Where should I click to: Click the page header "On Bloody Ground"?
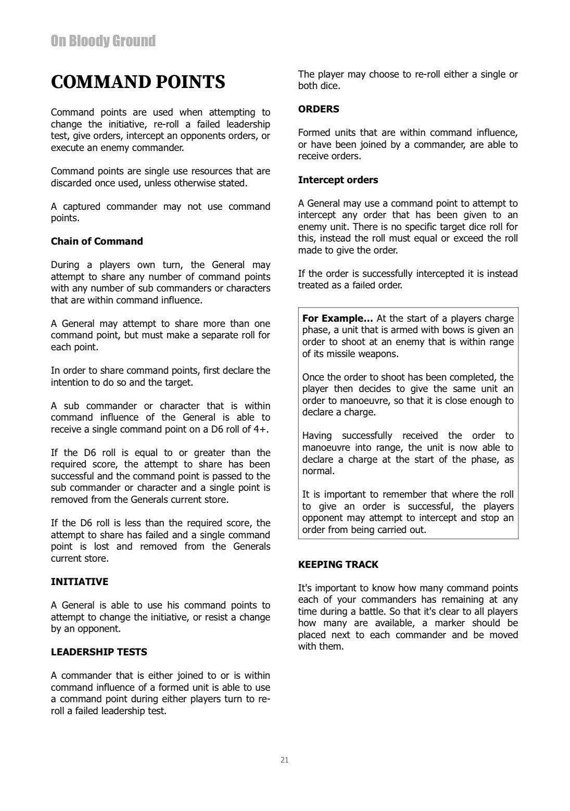(x=103, y=41)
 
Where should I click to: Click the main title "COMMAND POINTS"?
(x=138, y=82)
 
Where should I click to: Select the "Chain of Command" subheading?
(x=97, y=242)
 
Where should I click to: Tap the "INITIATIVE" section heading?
(x=80, y=582)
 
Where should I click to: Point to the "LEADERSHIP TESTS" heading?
(x=99, y=652)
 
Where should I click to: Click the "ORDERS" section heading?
(x=319, y=109)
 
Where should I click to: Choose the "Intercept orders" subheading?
(x=338, y=180)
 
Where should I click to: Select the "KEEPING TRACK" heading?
(x=338, y=565)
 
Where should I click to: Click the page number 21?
(x=284, y=760)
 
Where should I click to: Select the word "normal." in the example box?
(x=318, y=471)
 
